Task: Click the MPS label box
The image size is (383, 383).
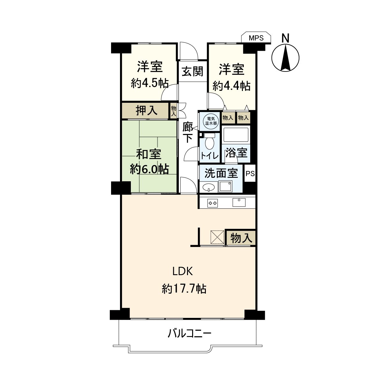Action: (x=256, y=38)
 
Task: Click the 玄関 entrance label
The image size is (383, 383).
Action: (x=192, y=71)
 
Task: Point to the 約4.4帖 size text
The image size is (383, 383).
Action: (x=231, y=86)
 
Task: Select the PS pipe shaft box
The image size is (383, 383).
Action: (x=250, y=174)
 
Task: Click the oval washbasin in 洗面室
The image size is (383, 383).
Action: (x=209, y=187)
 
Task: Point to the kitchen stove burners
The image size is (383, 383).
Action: (x=213, y=202)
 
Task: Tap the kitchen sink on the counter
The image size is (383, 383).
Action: (x=239, y=202)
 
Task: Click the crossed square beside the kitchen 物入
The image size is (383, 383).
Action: (x=217, y=237)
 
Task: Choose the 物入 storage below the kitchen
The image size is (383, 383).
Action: (x=241, y=238)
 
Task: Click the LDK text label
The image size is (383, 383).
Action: (x=182, y=272)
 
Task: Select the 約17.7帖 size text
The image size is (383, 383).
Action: (x=184, y=289)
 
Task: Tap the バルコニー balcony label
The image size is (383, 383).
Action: (x=190, y=334)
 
